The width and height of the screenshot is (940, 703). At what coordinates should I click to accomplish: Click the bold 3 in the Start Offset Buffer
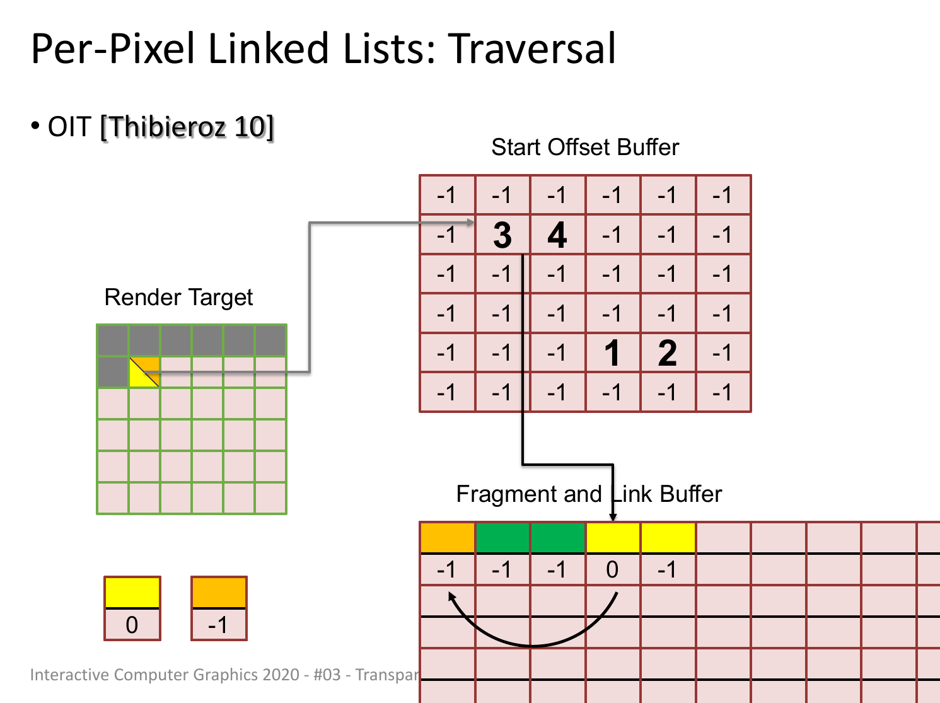coord(502,235)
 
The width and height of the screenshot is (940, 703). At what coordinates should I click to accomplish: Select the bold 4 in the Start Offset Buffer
coord(557,235)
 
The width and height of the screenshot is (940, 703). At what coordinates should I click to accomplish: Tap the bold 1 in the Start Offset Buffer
coord(612,353)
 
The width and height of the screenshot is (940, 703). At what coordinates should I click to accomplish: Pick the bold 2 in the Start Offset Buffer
coord(667,353)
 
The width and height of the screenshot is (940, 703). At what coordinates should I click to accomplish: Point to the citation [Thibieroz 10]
coord(187,127)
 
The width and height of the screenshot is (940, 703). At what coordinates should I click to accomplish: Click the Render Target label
coord(178,297)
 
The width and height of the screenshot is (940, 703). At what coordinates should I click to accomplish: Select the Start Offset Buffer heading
coord(585,148)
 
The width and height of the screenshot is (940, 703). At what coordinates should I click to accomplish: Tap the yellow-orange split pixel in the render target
coord(144,372)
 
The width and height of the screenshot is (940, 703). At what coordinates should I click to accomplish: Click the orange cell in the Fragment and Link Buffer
coord(448,538)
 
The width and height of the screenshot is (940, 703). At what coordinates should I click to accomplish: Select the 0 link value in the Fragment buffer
coord(612,570)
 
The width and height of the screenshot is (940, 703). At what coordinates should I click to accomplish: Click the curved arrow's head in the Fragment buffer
coord(451,596)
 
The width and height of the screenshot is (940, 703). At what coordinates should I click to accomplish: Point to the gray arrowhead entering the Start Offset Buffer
coord(471,223)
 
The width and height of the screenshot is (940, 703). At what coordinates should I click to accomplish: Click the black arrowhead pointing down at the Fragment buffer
coord(613,517)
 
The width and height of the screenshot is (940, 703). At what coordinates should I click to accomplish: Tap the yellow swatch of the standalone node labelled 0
coord(132,593)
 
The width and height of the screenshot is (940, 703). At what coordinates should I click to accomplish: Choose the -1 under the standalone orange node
coord(218,625)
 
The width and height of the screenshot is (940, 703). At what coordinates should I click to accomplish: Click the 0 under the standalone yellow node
coord(132,625)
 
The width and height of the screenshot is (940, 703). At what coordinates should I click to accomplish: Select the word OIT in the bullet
coord(69,127)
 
